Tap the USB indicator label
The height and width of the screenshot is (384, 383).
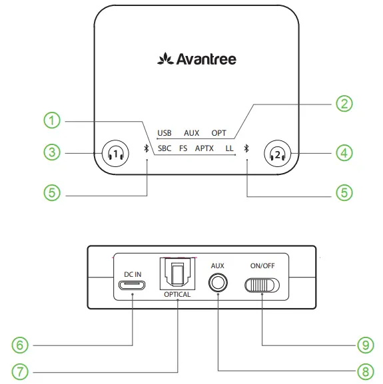pos(165,133)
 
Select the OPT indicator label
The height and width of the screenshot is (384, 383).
pos(218,133)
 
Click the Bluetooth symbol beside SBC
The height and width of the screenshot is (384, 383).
pos(147,148)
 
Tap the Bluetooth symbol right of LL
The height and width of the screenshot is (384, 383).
pos(246,148)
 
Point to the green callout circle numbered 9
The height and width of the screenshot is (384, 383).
pos(363,345)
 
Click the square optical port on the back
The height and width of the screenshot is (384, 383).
pos(177,274)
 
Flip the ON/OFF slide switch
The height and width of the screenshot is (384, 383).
pos(262,285)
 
